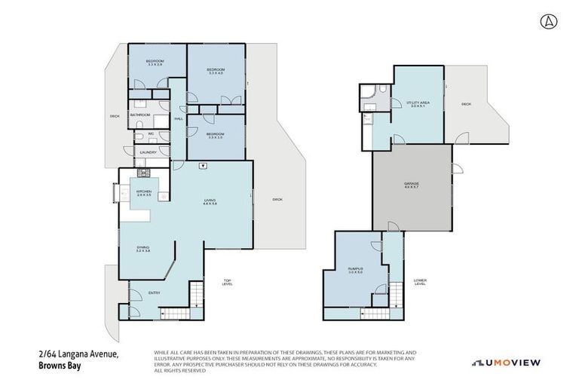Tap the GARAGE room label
coord(412,183)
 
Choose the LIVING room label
coord(210,201)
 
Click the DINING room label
coord(143,249)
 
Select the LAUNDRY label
coord(148,152)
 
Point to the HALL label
coord(179,119)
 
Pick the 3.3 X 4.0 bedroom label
coord(216,71)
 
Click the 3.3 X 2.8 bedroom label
coord(156,62)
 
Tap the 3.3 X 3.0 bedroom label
coord(216,135)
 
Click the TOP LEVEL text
coord(227,283)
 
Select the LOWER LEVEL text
coord(420,283)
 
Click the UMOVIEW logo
coord(506,363)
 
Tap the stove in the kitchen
coord(143,173)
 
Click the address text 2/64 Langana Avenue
coord(80,354)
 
